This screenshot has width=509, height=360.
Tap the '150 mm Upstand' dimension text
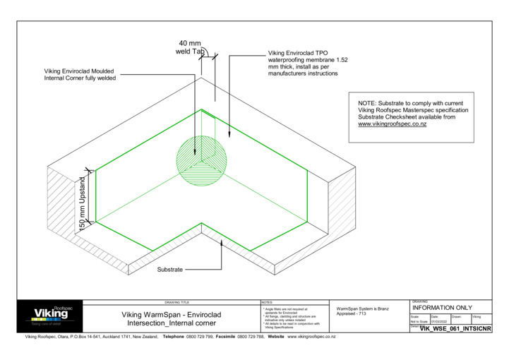[83, 203]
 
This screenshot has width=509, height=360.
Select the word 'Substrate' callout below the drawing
[169, 270]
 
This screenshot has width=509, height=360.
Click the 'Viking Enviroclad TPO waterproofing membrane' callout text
[308, 63]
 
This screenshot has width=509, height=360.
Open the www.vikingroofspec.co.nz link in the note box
[392, 124]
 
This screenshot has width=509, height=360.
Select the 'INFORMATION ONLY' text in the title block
[442, 308]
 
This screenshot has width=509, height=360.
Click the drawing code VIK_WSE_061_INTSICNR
[455, 329]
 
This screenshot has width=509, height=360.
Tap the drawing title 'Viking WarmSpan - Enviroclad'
[173, 314]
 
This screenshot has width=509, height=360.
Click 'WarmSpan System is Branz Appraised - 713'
[363, 311]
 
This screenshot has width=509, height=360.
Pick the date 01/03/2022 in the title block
[439, 321]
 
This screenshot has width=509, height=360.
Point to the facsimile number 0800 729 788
[250, 337]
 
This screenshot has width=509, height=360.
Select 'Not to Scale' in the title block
[419, 321]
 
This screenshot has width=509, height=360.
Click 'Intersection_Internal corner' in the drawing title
[173, 323]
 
